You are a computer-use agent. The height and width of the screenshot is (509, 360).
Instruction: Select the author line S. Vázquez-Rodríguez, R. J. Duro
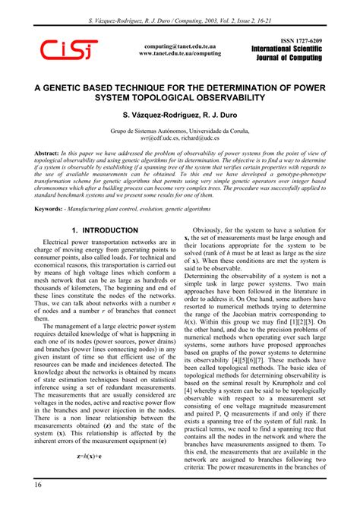point(179,116)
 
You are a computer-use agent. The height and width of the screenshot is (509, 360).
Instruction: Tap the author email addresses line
point(179,139)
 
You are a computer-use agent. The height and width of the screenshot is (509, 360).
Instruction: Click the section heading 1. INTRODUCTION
point(104,229)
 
